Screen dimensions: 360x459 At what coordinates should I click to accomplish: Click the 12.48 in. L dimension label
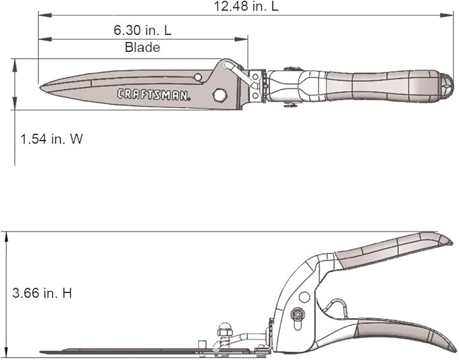click(245, 6)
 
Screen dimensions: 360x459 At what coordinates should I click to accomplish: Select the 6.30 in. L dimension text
click(142, 31)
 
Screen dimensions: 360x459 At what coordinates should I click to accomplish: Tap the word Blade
click(142, 47)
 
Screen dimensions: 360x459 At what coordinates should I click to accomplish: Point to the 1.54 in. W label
click(51, 139)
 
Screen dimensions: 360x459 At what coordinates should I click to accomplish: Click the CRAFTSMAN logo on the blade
click(153, 95)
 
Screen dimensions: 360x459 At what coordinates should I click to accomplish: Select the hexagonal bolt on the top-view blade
click(219, 95)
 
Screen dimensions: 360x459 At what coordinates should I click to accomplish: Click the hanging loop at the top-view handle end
click(445, 84)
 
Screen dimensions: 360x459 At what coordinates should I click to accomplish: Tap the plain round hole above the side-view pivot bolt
click(304, 297)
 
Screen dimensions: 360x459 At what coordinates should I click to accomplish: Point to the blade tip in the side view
click(42, 352)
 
